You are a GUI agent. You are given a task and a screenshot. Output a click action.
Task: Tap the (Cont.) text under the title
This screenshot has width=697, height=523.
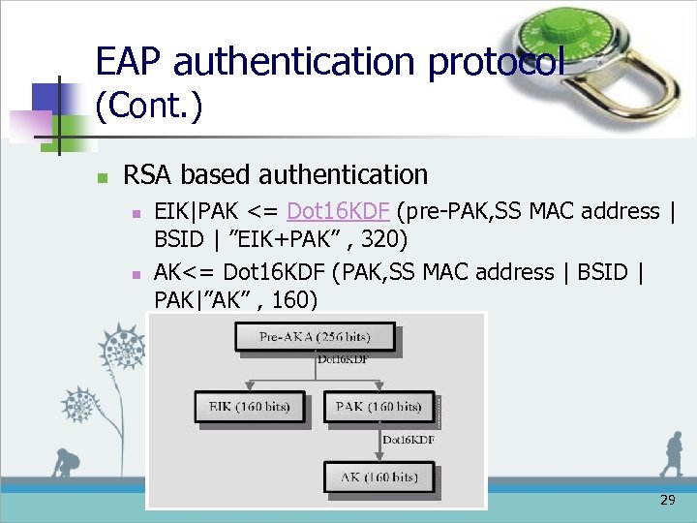pos(149,106)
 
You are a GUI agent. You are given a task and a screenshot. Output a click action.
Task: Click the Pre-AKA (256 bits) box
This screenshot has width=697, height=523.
pos(316,337)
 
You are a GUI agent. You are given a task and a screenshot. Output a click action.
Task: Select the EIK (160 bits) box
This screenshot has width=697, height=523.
pos(250,407)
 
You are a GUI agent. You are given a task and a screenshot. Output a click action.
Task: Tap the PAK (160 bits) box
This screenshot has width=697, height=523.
pos(379,407)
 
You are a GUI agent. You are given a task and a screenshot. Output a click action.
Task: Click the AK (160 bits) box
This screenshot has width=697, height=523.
pos(379,477)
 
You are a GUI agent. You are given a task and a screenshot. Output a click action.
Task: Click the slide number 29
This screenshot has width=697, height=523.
pos(667,500)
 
